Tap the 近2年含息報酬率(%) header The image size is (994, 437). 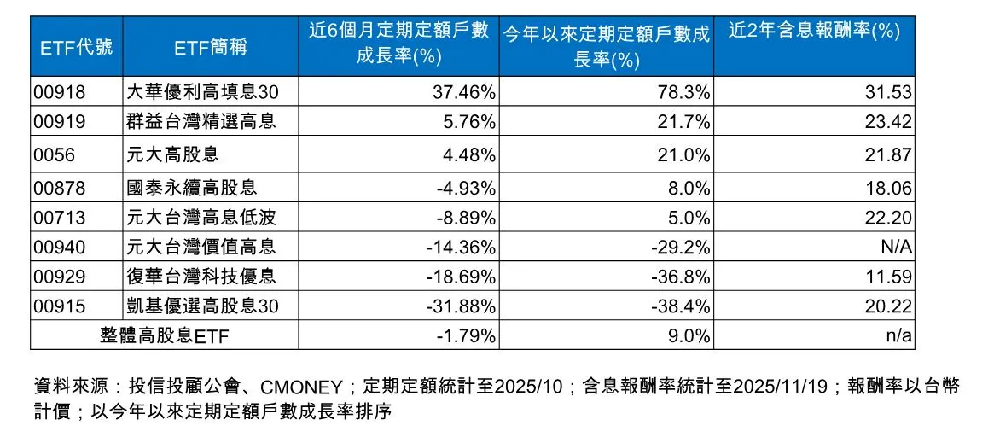tap(815, 32)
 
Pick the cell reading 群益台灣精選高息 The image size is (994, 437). tap(201, 122)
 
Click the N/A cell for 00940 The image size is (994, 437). tap(898, 248)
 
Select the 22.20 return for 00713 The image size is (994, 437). tap(890, 218)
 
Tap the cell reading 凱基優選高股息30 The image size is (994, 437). tap(201, 306)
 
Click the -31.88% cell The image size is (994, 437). tap(461, 306)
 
